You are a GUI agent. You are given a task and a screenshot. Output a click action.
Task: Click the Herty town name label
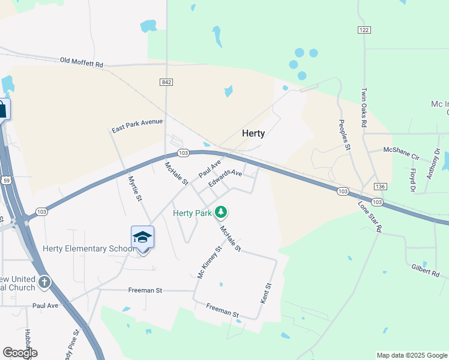coord(253,133)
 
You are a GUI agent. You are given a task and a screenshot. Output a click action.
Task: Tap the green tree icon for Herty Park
coord(221,212)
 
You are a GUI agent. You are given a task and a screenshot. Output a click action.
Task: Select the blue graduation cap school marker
coord(142,238)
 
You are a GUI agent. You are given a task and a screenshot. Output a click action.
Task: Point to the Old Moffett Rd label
coord(82,62)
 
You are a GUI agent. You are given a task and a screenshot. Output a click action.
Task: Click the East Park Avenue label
coord(137,125)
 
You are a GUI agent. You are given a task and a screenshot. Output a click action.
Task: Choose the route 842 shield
coord(167,82)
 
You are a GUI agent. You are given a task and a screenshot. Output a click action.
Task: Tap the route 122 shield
coord(364,30)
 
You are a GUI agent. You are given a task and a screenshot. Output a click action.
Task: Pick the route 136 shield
coord(378,186)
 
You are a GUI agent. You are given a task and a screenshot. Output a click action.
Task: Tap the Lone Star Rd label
coord(370,216)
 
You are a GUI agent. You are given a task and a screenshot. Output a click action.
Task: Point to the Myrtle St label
coord(134,188)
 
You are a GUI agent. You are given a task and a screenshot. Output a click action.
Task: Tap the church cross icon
coord(44,282)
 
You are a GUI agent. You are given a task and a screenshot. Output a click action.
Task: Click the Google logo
coord(20,353)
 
